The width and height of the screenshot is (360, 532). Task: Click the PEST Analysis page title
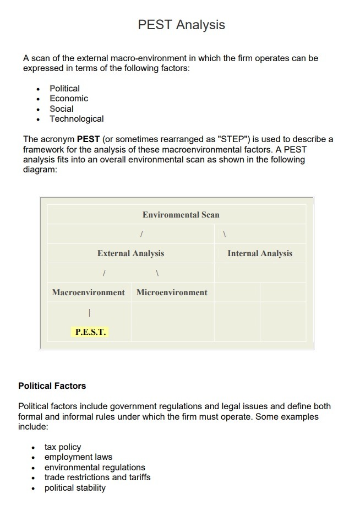coord(181,25)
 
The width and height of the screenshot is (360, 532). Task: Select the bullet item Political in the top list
coord(64,88)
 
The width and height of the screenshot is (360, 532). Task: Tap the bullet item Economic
coord(69,99)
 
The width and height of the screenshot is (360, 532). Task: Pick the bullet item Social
coord(61,108)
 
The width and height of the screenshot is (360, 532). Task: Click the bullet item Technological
coord(77,119)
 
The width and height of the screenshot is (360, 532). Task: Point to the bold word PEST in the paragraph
coord(88,139)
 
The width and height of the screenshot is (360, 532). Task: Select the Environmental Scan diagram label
coord(181,215)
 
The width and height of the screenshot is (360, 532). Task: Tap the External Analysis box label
coord(130,253)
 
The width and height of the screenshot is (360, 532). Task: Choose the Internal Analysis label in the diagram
coord(260,253)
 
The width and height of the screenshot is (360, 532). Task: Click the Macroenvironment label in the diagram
coord(88,292)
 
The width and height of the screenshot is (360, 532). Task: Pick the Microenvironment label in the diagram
coord(172,292)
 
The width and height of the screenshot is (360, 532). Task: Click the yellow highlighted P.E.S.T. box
coord(90,332)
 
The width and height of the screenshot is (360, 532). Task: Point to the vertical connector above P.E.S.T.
coord(89,313)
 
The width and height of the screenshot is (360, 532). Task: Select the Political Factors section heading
coord(52,386)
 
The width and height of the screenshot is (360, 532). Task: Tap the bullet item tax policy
coord(63,447)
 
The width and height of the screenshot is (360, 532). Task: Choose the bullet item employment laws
coord(78,457)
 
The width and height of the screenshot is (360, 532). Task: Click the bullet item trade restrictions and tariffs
coord(97,477)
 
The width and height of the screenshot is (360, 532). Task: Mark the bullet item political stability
coord(75,488)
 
